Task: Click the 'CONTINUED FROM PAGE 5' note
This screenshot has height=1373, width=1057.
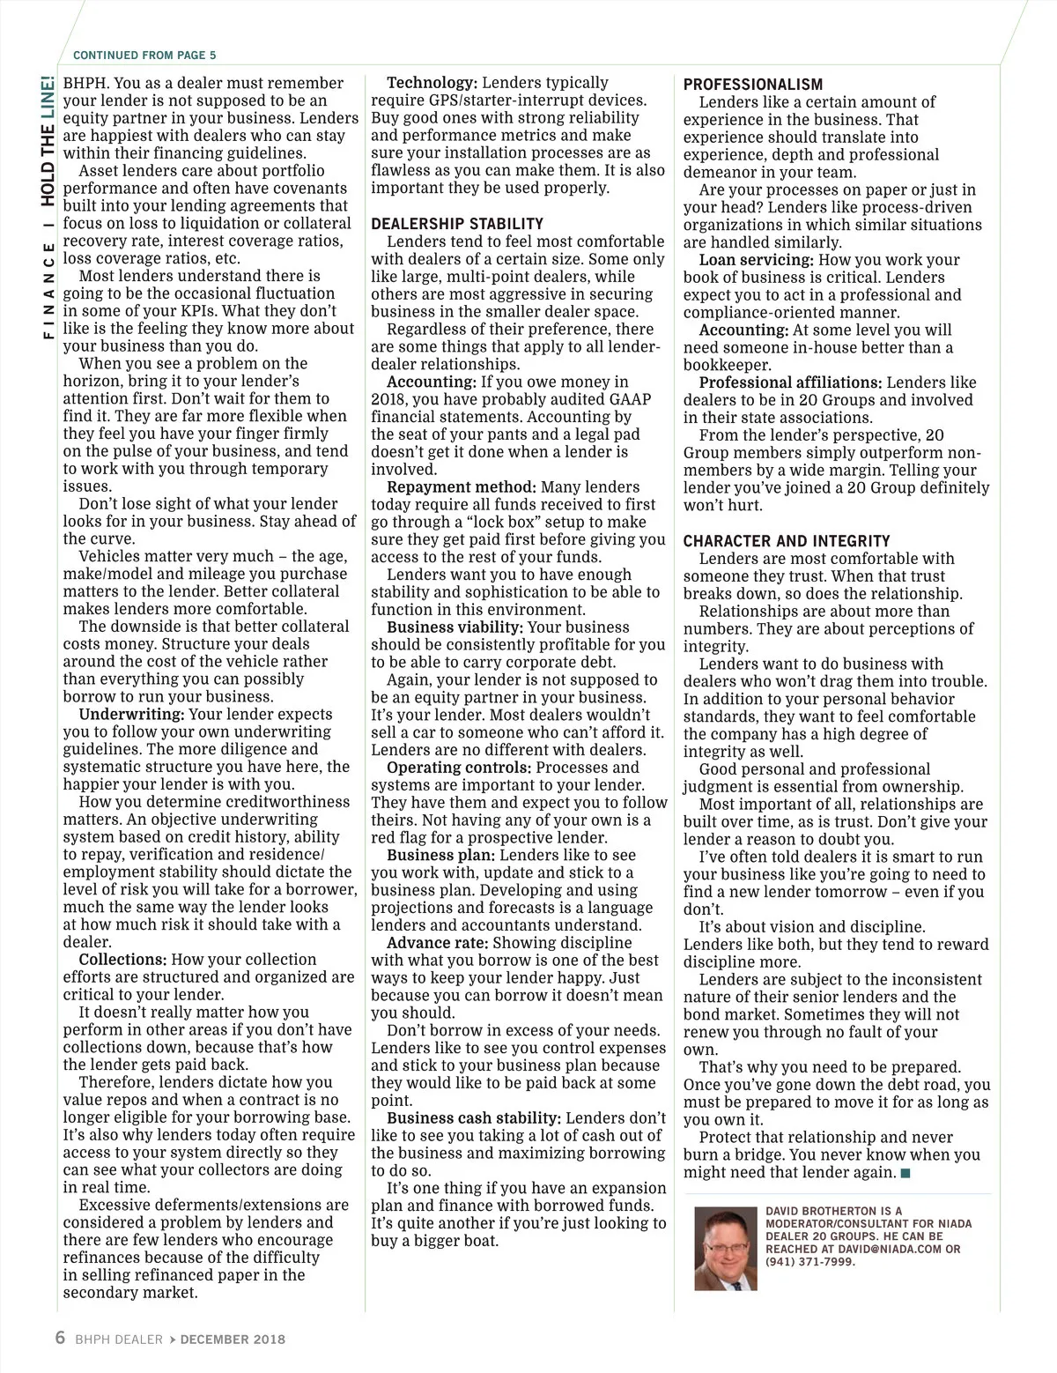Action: [144, 55]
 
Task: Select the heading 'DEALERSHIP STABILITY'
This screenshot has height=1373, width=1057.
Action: [457, 224]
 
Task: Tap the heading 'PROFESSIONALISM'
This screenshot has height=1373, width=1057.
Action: [753, 85]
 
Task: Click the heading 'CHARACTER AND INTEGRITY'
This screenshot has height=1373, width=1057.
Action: [787, 541]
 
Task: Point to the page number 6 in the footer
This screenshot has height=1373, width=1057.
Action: [60, 1338]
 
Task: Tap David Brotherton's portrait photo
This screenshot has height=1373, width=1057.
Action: [726, 1249]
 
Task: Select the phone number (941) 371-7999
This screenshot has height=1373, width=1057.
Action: [810, 1261]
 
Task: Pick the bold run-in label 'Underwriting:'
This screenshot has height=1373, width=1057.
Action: [131, 714]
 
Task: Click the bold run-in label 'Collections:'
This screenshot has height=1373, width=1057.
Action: [122, 960]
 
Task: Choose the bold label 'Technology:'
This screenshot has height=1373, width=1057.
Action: [432, 83]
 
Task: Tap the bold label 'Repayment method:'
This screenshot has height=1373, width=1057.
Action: [461, 487]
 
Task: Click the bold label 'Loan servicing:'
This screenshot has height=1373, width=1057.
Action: [756, 260]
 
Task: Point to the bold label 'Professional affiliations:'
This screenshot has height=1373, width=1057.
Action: [790, 382]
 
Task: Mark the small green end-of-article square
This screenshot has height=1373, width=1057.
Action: [906, 1173]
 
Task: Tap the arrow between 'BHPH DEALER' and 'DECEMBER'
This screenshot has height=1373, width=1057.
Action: [173, 1340]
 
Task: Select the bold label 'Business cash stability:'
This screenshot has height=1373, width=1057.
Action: [474, 1118]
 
